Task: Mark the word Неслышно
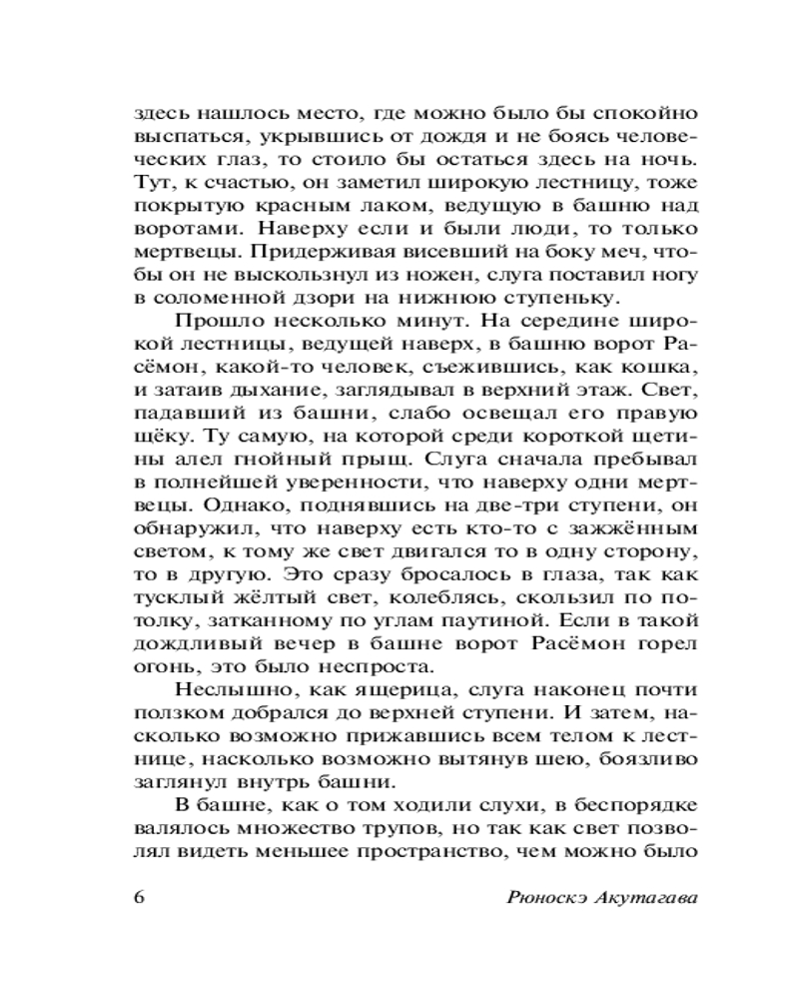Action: (222, 690)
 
